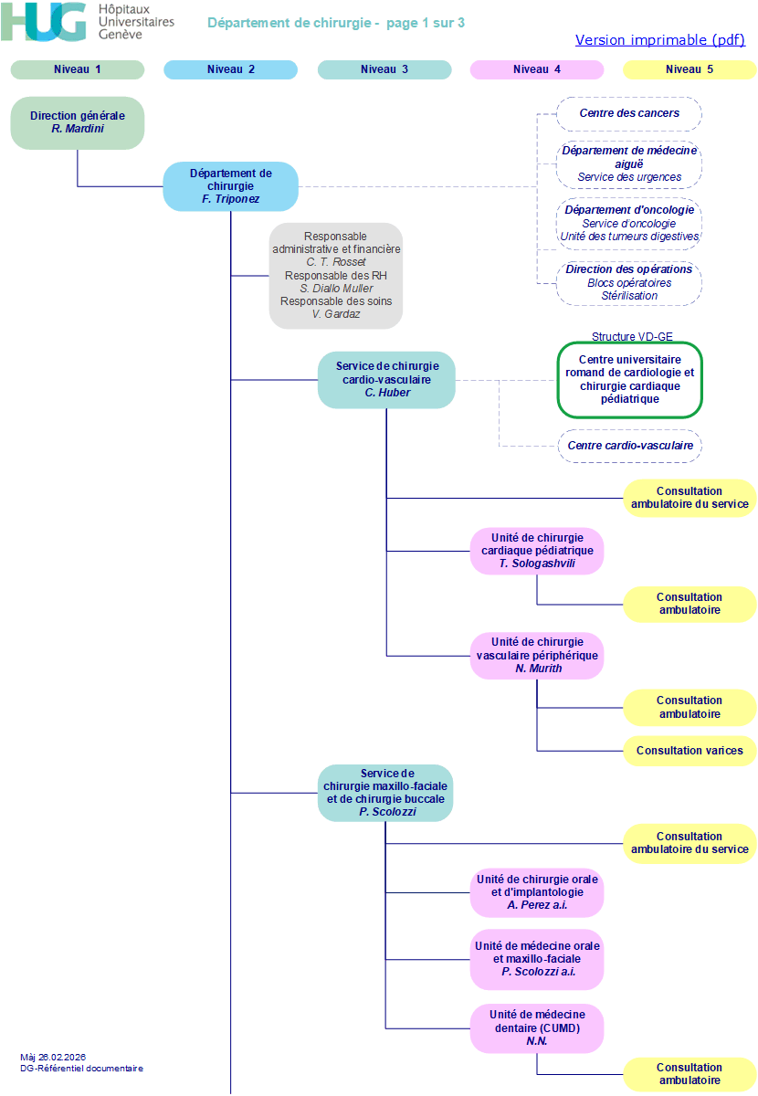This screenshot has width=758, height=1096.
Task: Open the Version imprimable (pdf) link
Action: point(660,39)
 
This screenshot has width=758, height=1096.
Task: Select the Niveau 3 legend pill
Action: point(384,69)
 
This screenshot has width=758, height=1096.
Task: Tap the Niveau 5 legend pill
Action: point(690,69)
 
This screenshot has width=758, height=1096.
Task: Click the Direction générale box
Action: point(78,122)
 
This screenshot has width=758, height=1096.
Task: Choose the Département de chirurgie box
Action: point(230,186)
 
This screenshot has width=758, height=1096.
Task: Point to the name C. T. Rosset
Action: point(336,262)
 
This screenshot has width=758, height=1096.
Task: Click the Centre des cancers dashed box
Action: point(629,114)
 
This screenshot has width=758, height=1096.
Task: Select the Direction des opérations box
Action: point(629,283)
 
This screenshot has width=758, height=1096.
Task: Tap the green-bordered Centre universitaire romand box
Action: point(630,380)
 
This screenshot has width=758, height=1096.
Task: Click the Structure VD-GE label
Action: point(632,337)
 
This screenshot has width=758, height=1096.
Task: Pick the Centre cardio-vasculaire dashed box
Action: point(630,446)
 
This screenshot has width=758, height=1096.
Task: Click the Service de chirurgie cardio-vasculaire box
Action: point(386,380)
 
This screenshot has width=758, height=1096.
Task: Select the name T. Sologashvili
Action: point(537,564)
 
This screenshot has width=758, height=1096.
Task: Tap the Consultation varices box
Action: point(690,751)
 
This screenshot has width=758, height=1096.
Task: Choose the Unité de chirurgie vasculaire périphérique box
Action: point(537,656)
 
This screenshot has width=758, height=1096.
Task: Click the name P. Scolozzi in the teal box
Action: point(387,812)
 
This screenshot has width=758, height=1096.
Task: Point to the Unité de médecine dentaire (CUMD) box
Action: point(537,1028)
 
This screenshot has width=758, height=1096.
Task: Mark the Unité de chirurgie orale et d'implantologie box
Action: point(537,892)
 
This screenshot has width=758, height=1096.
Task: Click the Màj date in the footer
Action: point(53,1058)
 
